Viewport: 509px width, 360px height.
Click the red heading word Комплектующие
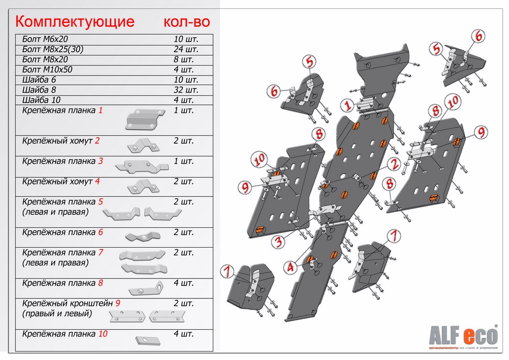coord(75,22)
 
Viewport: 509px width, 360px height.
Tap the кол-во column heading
coord(187,22)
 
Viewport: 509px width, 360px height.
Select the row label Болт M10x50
coord(47,70)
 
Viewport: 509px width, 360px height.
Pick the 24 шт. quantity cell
coord(186,49)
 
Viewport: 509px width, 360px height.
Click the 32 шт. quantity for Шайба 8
coord(186,90)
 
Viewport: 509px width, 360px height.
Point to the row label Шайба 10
coord(41,100)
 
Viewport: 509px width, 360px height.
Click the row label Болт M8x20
coord(45,59)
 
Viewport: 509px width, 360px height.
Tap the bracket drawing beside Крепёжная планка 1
coord(145,119)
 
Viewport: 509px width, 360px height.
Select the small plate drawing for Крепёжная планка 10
coord(148,341)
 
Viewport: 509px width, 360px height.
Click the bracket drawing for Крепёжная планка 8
coord(146,288)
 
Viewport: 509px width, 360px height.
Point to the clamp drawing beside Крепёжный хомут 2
coord(144,145)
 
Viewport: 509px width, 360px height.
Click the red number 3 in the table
coord(100,161)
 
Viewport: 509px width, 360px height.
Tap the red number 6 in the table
coord(100,232)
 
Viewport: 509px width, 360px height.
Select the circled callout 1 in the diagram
coord(347,105)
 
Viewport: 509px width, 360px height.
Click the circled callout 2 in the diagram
coord(394,164)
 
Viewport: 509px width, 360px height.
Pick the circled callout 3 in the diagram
coord(278,241)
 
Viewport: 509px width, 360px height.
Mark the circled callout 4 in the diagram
coord(290,267)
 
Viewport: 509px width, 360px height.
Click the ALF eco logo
coord(463,336)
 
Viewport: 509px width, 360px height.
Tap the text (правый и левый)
coord(57,314)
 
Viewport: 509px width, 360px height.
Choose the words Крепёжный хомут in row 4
coord(57,181)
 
